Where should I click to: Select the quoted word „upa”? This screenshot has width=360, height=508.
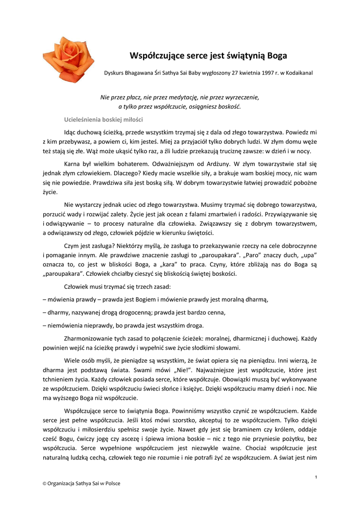(308, 255)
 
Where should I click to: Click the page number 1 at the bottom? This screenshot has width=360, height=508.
(316, 477)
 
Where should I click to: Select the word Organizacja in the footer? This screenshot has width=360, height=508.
(66, 483)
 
